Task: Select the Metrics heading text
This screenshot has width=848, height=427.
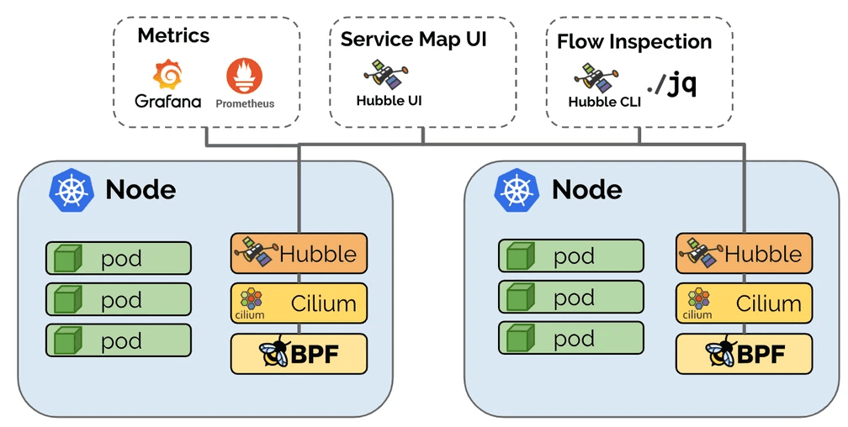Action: tap(173, 35)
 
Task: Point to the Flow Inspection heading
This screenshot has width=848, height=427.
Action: tap(633, 41)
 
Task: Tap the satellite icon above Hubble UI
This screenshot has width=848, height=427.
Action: tap(383, 73)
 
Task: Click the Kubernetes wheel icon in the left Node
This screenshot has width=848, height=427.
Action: tap(71, 189)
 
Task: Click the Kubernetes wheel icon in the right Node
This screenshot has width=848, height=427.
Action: tap(517, 189)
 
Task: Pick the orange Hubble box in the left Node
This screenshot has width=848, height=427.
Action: tap(299, 254)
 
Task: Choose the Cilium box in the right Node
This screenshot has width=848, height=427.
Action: tap(744, 303)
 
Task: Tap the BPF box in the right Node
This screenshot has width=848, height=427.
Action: tap(744, 354)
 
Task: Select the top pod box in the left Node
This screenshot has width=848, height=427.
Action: tap(119, 258)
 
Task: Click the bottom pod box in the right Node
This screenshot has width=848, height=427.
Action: tap(570, 339)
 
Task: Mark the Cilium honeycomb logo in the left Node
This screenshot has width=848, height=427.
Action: tap(250, 298)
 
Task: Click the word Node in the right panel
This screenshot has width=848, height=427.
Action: tap(586, 189)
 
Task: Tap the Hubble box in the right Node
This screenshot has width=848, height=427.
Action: tap(744, 254)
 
